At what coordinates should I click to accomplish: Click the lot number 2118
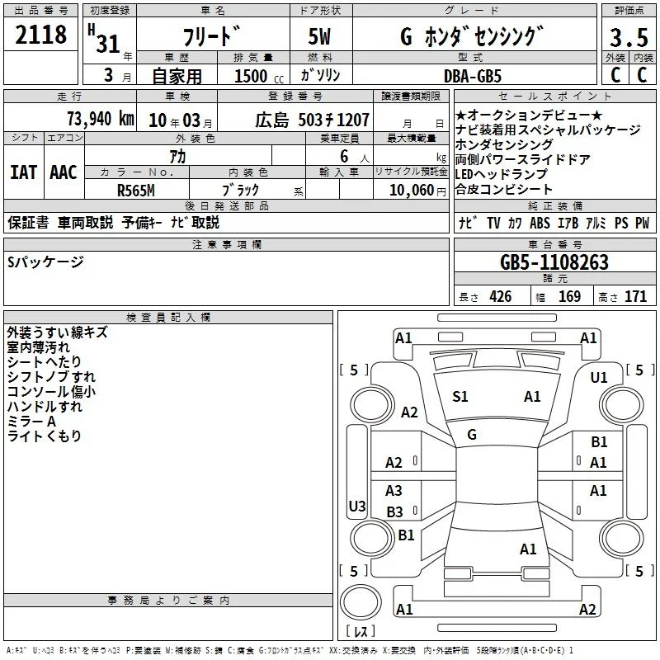tap(40, 34)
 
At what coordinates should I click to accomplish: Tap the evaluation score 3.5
tap(629, 37)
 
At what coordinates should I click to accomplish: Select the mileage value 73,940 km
tap(101, 119)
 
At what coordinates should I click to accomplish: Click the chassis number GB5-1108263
tap(554, 262)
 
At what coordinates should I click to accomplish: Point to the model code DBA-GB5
tap(473, 76)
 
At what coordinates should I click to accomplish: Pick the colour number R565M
tap(135, 191)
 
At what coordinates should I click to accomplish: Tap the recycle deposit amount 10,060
tap(412, 190)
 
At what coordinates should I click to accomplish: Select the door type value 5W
tap(319, 36)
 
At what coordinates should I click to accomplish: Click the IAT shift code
tap(24, 172)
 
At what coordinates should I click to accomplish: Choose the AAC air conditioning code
tap(64, 172)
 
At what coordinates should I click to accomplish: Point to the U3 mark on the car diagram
tap(357, 506)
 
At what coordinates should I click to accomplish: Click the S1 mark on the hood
tap(460, 397)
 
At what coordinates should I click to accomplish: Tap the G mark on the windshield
tap(472, 435)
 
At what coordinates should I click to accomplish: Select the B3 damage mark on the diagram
tap(394, 511)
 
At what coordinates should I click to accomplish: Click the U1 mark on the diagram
tap(599, 378)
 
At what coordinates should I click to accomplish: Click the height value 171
tap(635, 296)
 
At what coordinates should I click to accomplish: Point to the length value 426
tap(501, 296)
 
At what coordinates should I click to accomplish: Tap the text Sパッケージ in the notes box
tap(45, 262)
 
